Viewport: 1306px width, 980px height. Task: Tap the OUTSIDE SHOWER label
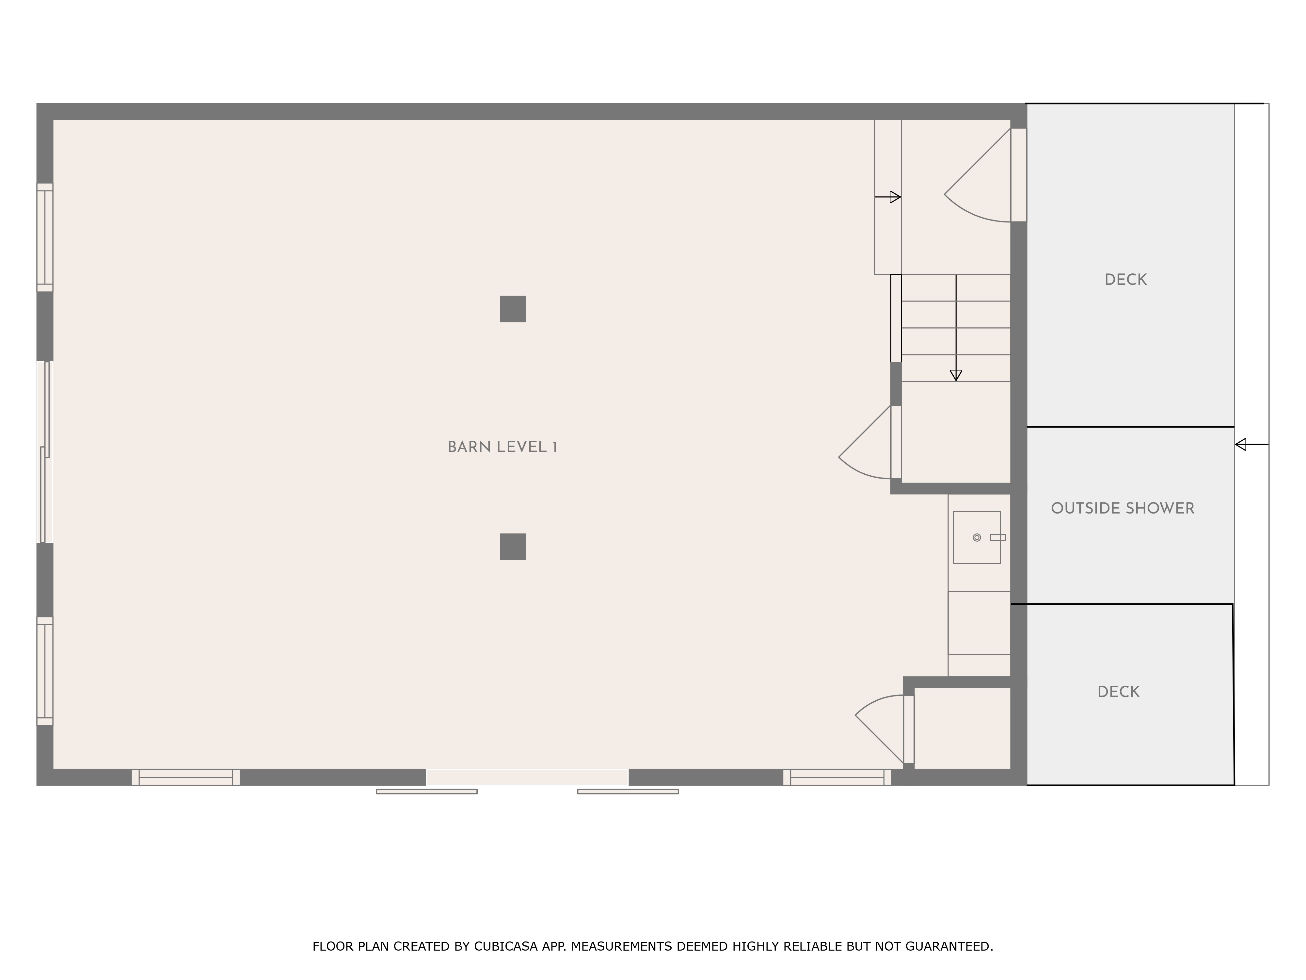(1123, 508)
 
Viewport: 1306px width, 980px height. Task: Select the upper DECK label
(1125, 279)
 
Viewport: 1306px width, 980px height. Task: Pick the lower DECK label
(1118, 692)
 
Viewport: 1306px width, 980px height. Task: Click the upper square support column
(513, 309)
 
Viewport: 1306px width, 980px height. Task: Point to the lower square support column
(513, 547)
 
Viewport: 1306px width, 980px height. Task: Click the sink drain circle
(977, 538)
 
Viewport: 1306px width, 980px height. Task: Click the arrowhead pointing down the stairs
(956, 375)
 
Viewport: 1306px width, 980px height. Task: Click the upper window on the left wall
(45, 237)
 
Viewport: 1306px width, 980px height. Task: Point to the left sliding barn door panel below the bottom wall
(426, 792)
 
